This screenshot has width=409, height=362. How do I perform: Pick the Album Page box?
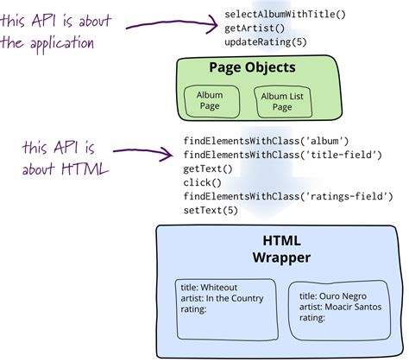click(x=210, y=100)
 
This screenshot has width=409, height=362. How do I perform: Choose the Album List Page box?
click(x=282, y=101)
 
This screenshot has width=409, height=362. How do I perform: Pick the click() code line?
click(x=200, y=182)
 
